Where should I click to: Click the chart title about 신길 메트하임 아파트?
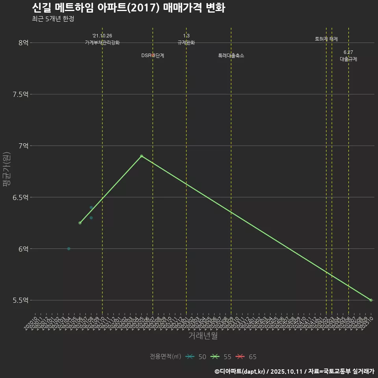[x=128, y=8]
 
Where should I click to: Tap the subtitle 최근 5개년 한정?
[x=53, y=19]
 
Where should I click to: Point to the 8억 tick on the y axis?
[x=23, y=43]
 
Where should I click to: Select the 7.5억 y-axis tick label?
[x=20, y=94]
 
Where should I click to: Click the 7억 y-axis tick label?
[x=23, y=146]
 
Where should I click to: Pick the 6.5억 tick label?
[x=20, y=198]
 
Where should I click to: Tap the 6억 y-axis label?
[x=23, y=249]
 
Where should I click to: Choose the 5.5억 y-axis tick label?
[x=20, y=300]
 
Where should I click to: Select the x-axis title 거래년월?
[x=203, y=336]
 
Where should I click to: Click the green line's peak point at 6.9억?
[x=141, y=156]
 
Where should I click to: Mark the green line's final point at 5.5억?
[x=371, y=300]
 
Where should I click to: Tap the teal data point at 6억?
[x=69, y=248]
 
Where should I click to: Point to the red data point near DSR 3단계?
[x=153, y=55]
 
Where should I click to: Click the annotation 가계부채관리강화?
[x=102, y=43]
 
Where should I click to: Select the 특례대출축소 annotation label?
[x=231, y=56]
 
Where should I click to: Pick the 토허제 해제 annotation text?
[x=326, y=39]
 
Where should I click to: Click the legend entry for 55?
[x=220, y=357]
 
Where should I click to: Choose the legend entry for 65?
[x=246, y=357]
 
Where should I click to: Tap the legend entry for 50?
[x=195, y=357]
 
